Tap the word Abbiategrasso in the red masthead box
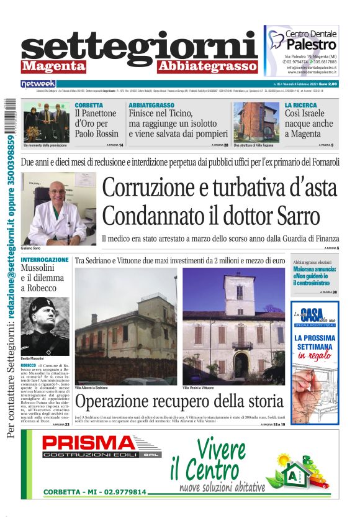[207, 66]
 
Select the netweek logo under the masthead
[38, 84]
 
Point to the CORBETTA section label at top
[89, 106]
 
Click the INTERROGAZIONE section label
[45, 260]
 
